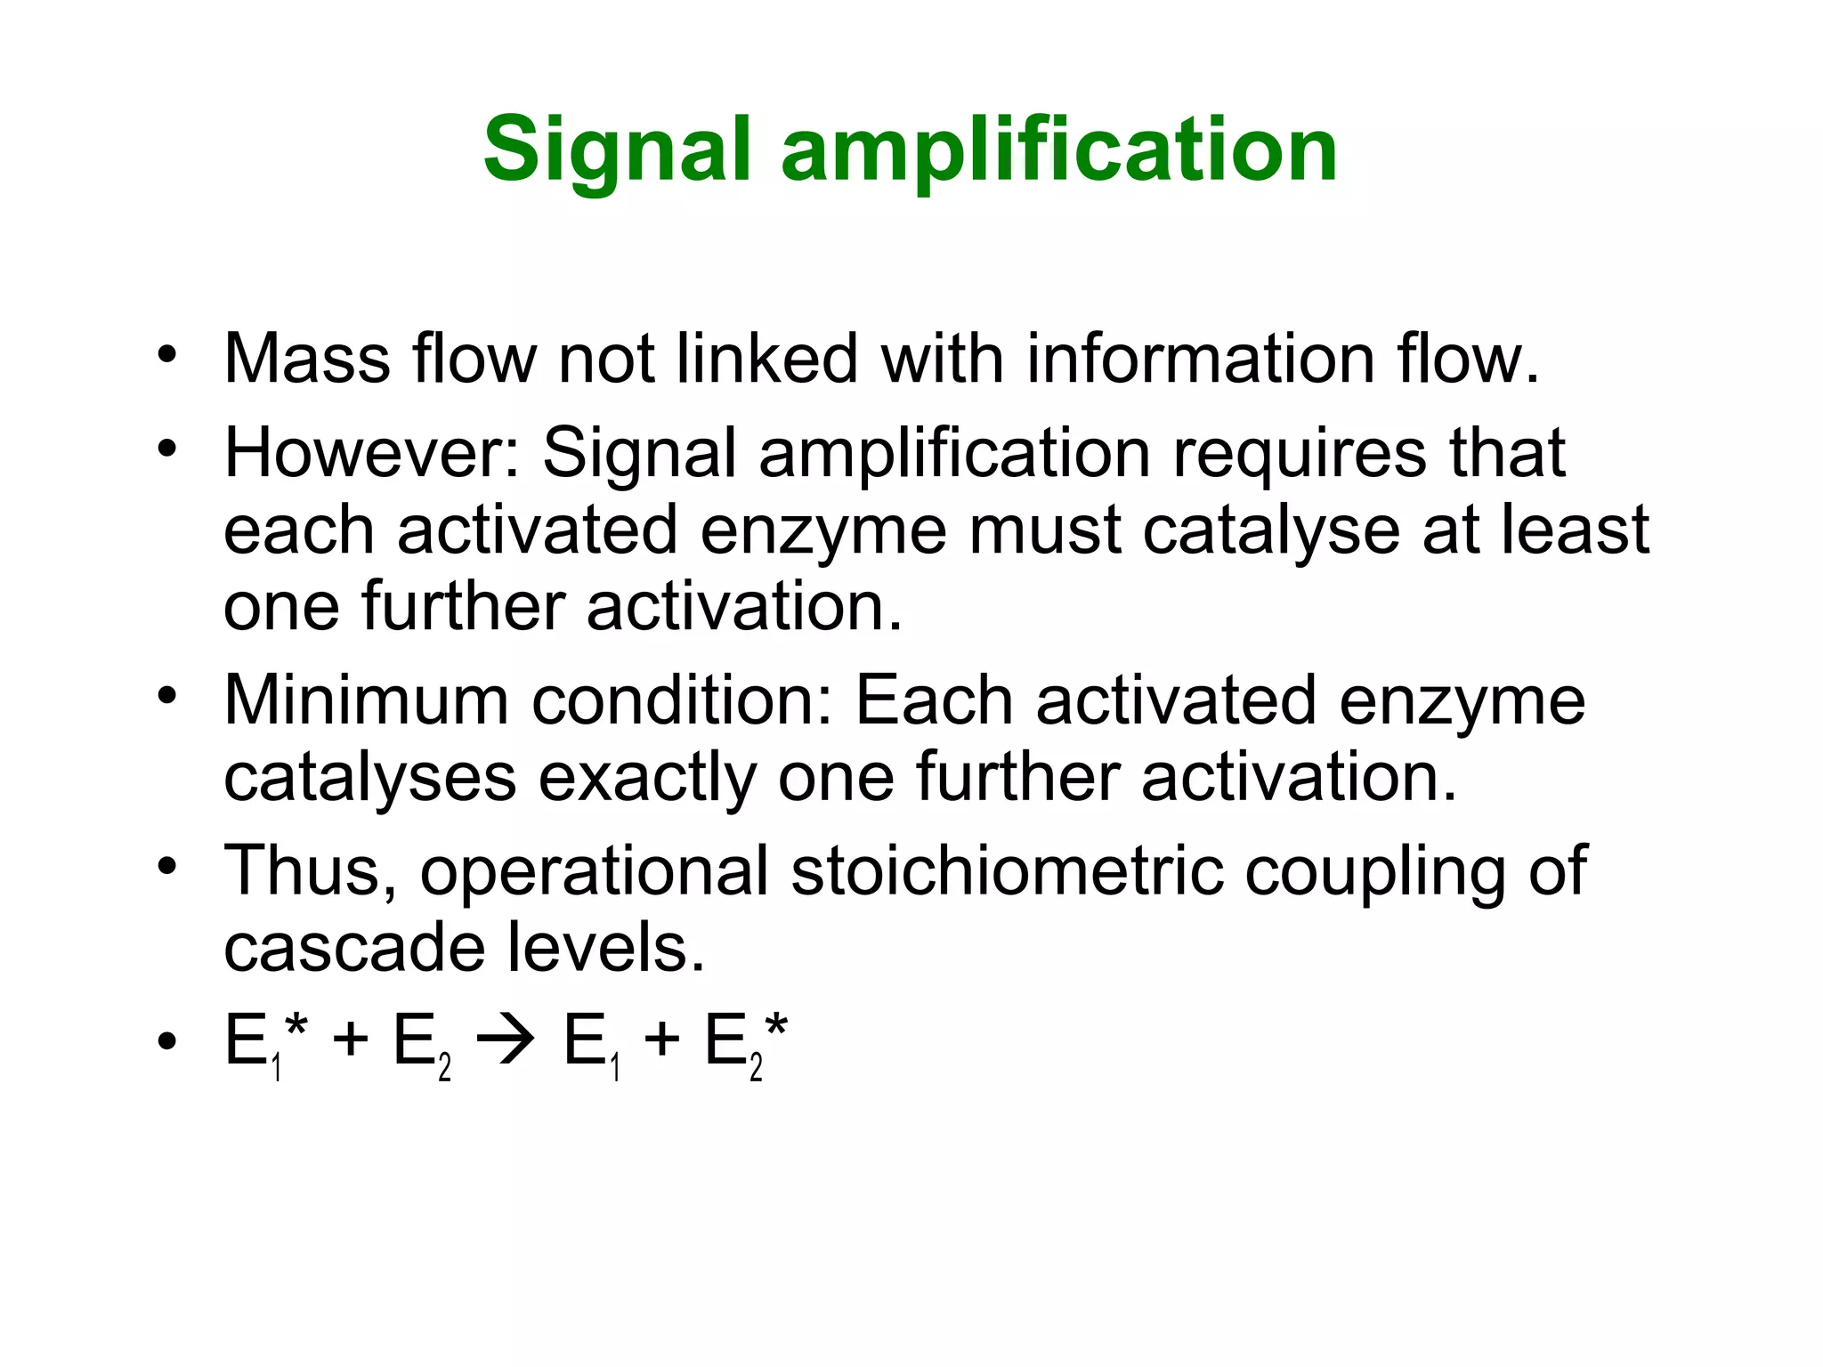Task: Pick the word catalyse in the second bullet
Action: pos(1271,530)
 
